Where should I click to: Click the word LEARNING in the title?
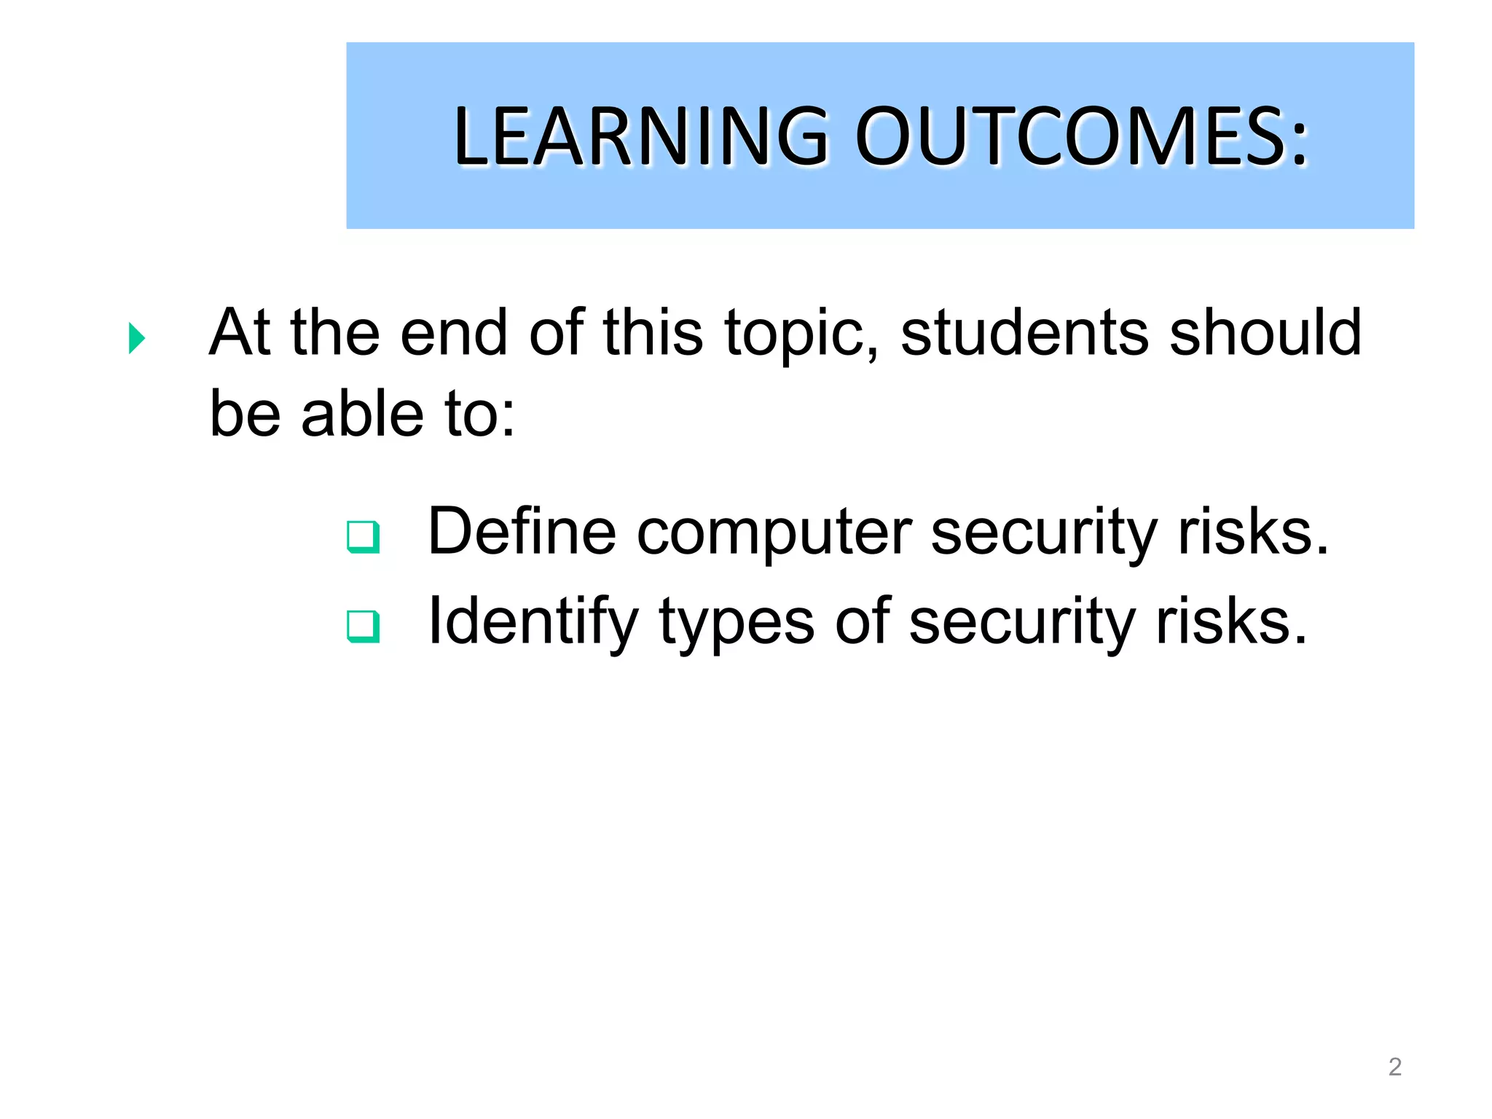tap(641, 136)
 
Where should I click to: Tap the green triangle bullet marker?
tap(136, 338)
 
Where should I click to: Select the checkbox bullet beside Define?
tap(363, 537)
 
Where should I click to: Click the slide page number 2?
tap(1394, 1067)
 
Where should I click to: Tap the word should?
tap(1265, 332)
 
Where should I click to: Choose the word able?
tap(362, 414)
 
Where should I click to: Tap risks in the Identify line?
tap(1231, 622)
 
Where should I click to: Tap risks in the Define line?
tap(1253, 533)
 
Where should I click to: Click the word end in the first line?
tap(453, 332)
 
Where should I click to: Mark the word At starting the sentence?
tap(240, 332)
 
